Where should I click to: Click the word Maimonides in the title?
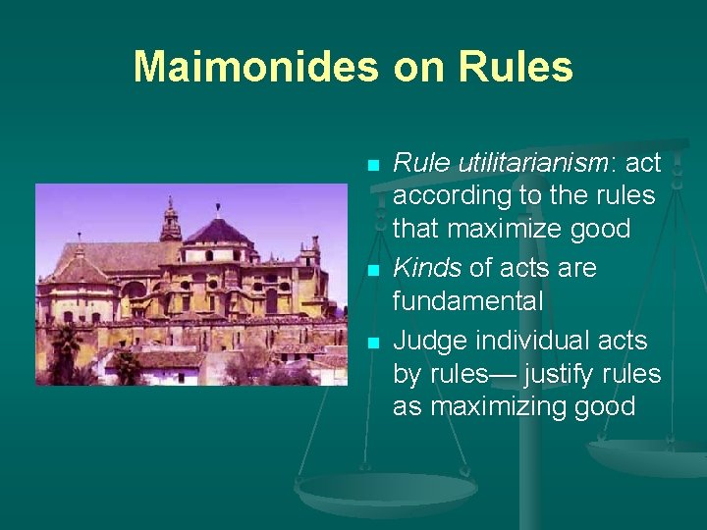[x=255, y=67]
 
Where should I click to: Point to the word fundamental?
[x=467, y=300]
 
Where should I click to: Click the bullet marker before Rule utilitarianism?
[x=372, y=165]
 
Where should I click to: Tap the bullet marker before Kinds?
[x=372, y=270]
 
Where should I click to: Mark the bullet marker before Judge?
[x=372, y=343]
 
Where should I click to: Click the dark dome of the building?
[x=218, y=231]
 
